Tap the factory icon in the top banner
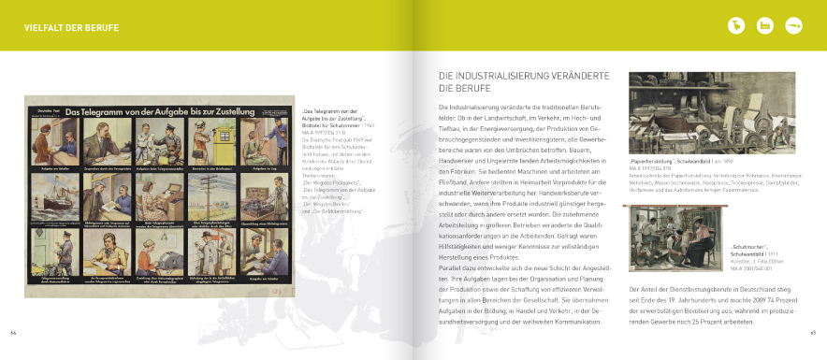pos(766,25)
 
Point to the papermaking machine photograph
pos(711,112)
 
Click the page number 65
pos(813,331)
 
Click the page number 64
pos(13,331)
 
